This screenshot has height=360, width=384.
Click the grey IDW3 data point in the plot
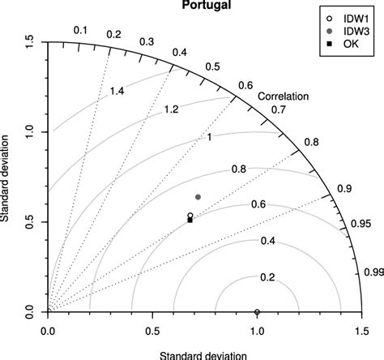[198, 197]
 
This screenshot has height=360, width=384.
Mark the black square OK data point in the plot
[190, 220]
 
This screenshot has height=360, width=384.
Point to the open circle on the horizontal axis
[257, 312]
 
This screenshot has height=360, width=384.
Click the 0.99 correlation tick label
[373, 272]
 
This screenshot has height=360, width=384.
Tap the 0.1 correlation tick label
[80, 31]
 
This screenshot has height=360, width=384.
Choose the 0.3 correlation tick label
[147, 41]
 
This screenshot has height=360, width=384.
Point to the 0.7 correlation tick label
[279, 109]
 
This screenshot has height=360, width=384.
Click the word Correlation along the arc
[284, 96]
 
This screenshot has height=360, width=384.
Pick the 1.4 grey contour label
[117, 92]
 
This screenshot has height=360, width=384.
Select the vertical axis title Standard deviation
[7, 178]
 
